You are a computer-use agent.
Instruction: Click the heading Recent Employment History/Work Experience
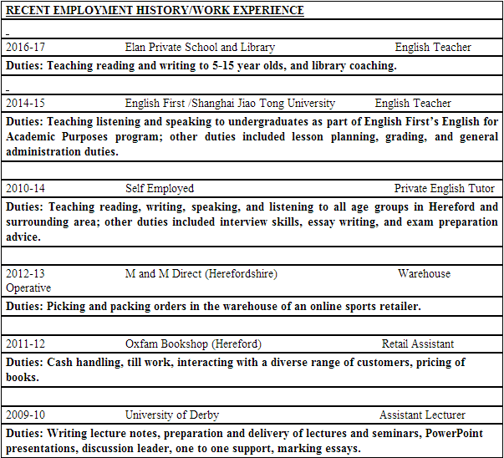155,11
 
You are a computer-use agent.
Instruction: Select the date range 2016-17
25,48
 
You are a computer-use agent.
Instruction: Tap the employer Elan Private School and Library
200,48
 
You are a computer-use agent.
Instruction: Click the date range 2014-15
25,104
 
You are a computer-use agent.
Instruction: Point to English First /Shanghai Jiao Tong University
230,104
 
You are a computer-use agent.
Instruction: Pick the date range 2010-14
25,189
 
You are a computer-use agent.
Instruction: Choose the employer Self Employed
160,189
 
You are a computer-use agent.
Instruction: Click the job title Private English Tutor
444,189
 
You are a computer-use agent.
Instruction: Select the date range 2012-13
25,274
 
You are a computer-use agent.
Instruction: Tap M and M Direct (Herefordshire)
201,274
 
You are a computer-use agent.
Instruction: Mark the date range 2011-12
25,344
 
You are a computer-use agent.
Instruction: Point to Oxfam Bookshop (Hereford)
193,344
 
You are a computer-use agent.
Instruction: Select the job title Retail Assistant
418,344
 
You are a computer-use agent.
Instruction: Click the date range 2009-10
25,415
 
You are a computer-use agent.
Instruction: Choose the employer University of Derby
172,415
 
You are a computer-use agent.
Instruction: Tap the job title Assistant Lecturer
422,415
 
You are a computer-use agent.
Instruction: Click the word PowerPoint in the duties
461,434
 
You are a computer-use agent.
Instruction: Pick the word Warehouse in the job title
424,274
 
